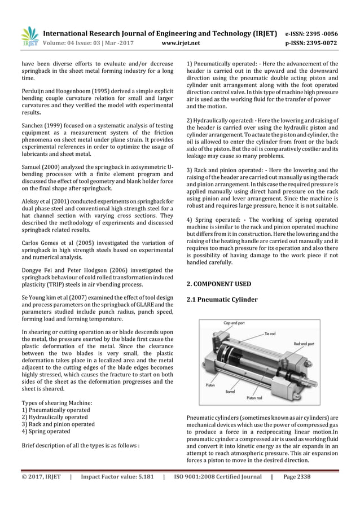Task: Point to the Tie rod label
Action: click(272, 334)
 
